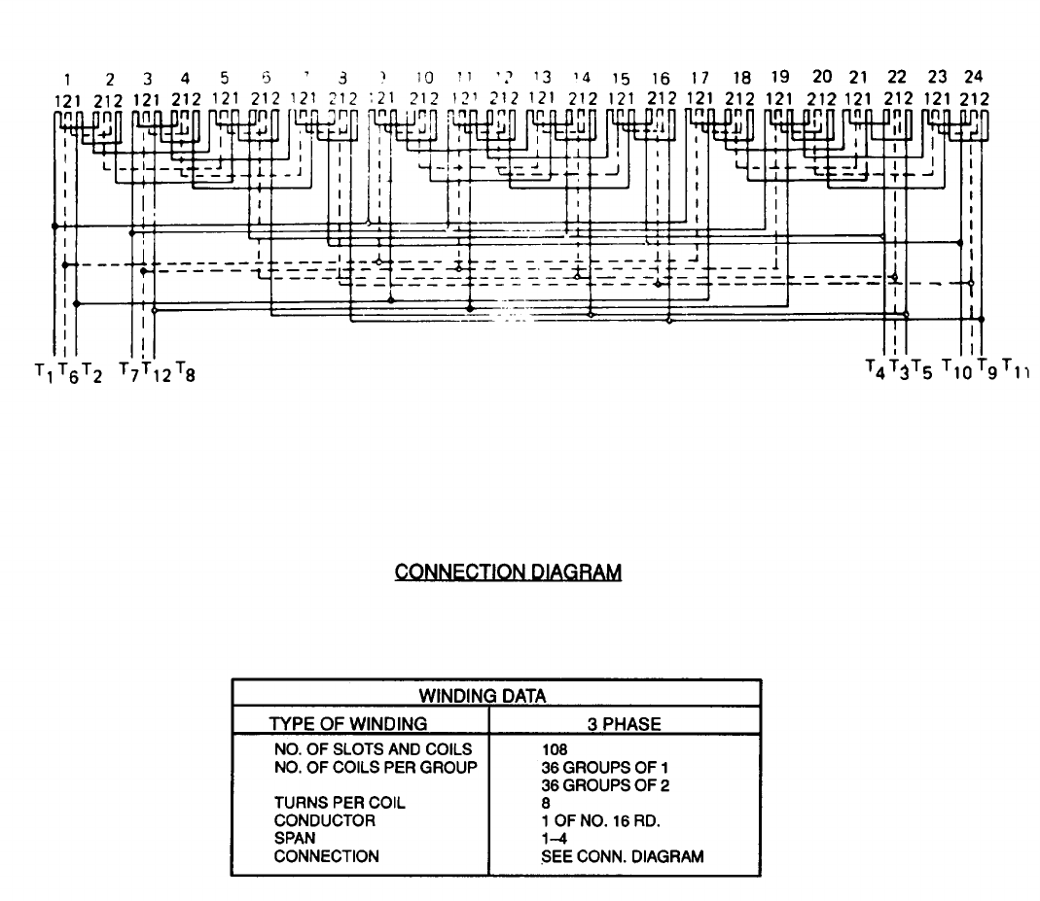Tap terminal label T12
(x=154, y=371)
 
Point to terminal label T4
(x=875, y=369)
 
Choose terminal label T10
(x=956, y=370)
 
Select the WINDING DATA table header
(x=496, y=695)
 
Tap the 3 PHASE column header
(x=625, y=723)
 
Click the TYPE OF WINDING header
(x=348, y=723)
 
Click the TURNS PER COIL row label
(x=340, y=803)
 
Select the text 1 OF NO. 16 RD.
(x=601, y=820)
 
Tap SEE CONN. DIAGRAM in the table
(x=623, y=855)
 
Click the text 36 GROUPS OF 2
(x=605, y=785)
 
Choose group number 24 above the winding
(x=973, y=77)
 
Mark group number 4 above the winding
(x=185, y=77)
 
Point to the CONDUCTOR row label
(x=324, y=820)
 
